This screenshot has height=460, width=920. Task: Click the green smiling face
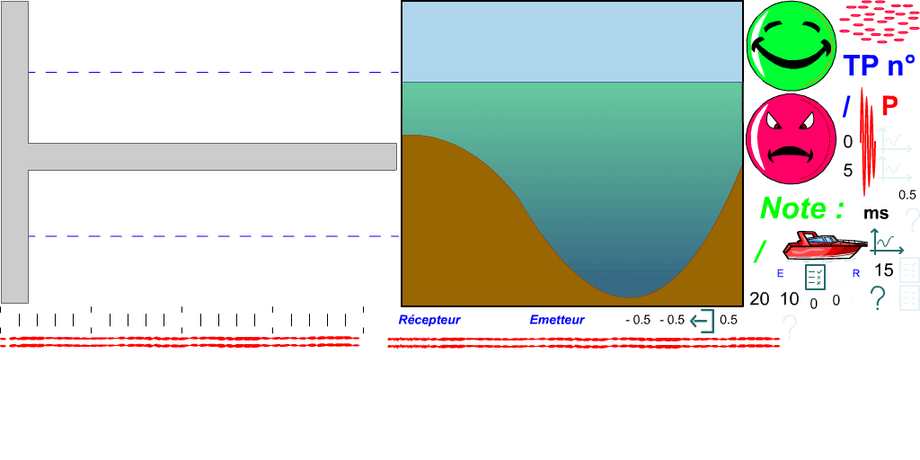point(792,46)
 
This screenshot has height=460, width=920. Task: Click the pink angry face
point(792,139)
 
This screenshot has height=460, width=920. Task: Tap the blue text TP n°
point(878,66)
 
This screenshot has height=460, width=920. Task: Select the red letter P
point(890,106)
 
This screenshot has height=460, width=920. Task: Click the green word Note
point(801,208)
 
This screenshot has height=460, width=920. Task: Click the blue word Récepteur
point(429,320)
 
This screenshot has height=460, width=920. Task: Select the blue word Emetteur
point(557,320)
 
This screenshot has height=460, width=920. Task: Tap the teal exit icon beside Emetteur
point(702,321)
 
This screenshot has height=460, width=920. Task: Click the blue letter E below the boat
point(780,274)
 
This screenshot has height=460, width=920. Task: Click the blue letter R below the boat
point(857,274)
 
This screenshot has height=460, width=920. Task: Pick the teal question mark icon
point(878,297)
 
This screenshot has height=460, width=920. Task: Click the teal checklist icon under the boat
point(815,277)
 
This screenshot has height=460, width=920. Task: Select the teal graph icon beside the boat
point(886,243)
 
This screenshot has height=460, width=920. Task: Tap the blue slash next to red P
point(846,106)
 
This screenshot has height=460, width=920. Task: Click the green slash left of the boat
point(760,252)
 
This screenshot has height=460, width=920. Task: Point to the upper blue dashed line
point(214,73)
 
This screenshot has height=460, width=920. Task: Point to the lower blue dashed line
point(214,236)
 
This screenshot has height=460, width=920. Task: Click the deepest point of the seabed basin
point(631,296)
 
